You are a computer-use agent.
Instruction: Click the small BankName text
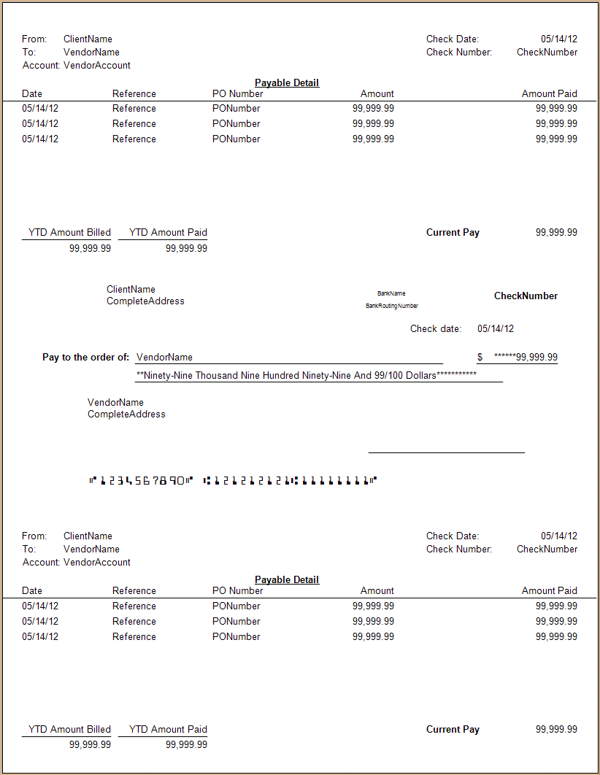(391, 293)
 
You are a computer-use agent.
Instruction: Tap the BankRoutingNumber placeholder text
(392, 306)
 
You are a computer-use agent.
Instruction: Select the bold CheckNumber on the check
(526, 296)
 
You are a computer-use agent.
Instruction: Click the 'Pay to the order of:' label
(86, 358)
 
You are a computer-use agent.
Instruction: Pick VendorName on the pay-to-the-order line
(165, 358)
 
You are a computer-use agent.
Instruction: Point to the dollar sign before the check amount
(480, 358)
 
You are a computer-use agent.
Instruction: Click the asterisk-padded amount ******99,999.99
(526, 358)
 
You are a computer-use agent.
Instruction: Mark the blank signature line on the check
(446, 452)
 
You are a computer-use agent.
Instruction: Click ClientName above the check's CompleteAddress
(131, 290)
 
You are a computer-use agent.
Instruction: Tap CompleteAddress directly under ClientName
(145, 301)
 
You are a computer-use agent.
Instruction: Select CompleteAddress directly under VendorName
(126, 415)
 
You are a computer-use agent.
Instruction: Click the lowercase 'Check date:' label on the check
(436, 329)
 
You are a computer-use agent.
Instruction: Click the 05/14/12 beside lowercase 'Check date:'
(496, 329)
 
